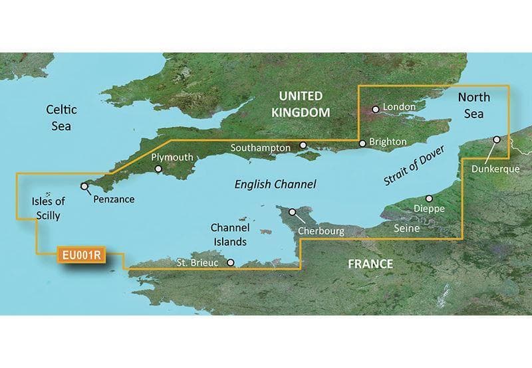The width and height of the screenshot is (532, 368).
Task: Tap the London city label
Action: pos(400,106)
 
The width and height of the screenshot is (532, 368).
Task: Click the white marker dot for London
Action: pos(376,108)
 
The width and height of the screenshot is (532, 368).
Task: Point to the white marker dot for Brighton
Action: pos(362,143)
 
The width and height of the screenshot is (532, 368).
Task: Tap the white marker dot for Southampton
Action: pos(303,145)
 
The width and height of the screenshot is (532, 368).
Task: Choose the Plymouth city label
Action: pos(172,157)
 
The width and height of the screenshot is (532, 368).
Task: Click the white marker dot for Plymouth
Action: pos(158,169)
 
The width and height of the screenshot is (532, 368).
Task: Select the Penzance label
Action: pos(114,199)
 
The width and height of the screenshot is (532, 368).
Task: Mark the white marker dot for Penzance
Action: pos(84,187)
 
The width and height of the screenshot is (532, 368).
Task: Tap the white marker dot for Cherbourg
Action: pos(291,212)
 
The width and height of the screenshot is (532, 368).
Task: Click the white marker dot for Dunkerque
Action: pos(497,140)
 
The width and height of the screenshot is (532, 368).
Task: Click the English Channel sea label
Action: pos(275,184)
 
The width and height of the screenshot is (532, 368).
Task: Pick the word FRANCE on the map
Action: pos(370,264)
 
